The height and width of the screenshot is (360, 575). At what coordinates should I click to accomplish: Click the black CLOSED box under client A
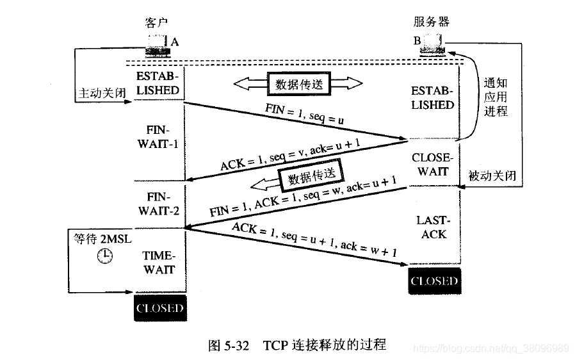(160, 308)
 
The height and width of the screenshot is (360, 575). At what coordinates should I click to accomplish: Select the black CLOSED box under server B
(434, 281)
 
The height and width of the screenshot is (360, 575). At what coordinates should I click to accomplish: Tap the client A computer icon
(157, 44)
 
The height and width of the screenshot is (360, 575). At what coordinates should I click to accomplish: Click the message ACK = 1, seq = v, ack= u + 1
(286, 154)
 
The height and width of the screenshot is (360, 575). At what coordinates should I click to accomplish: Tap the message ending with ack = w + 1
(314, 239)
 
